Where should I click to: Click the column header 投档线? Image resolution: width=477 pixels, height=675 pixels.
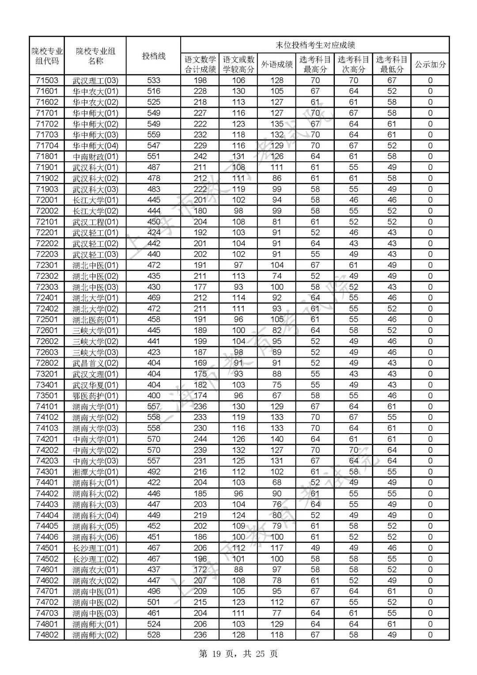click(x=153, y=56)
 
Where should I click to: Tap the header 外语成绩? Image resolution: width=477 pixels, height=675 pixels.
click(x=277, y=65)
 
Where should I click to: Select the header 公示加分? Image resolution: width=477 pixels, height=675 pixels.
click(x=430, y=65)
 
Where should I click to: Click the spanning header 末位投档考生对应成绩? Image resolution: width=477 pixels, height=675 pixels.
click(x=315, y=45)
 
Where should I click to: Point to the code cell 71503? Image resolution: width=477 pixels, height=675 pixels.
click(x=47, y=80)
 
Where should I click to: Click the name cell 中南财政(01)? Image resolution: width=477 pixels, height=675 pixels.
click(x=95, y=156)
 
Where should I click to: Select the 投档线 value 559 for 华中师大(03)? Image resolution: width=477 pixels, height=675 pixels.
click(x=153, y=135)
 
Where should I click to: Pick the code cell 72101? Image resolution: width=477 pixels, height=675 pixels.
click(x=47, y=222)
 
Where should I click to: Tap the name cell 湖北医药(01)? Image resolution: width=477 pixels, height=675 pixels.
click(x=95, y=320)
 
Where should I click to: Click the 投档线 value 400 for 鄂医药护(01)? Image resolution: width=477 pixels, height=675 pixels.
click(x=153, y=396)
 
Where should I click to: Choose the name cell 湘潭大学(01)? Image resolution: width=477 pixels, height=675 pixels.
click(x=95, y=472)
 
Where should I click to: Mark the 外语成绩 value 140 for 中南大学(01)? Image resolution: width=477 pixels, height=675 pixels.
click(x=277, y=439)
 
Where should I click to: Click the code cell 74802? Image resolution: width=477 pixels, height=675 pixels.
click(x=47, y=635)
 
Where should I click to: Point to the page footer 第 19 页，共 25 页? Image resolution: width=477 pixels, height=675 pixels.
click(x=238, y=653)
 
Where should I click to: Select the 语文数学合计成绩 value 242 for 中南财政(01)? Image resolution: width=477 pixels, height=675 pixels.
click(x=200, y=156)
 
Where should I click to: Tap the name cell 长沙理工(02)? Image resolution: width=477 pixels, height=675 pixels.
click(x=95, y=559)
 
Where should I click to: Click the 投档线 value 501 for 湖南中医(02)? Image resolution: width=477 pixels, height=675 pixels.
click(x=153, y=602)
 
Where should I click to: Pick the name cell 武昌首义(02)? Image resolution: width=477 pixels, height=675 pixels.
click(x=95, y=363)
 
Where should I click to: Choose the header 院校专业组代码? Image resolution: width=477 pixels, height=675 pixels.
click(x=47, y=56)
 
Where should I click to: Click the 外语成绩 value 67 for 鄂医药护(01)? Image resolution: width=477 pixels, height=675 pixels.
click(x=277, y=396)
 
